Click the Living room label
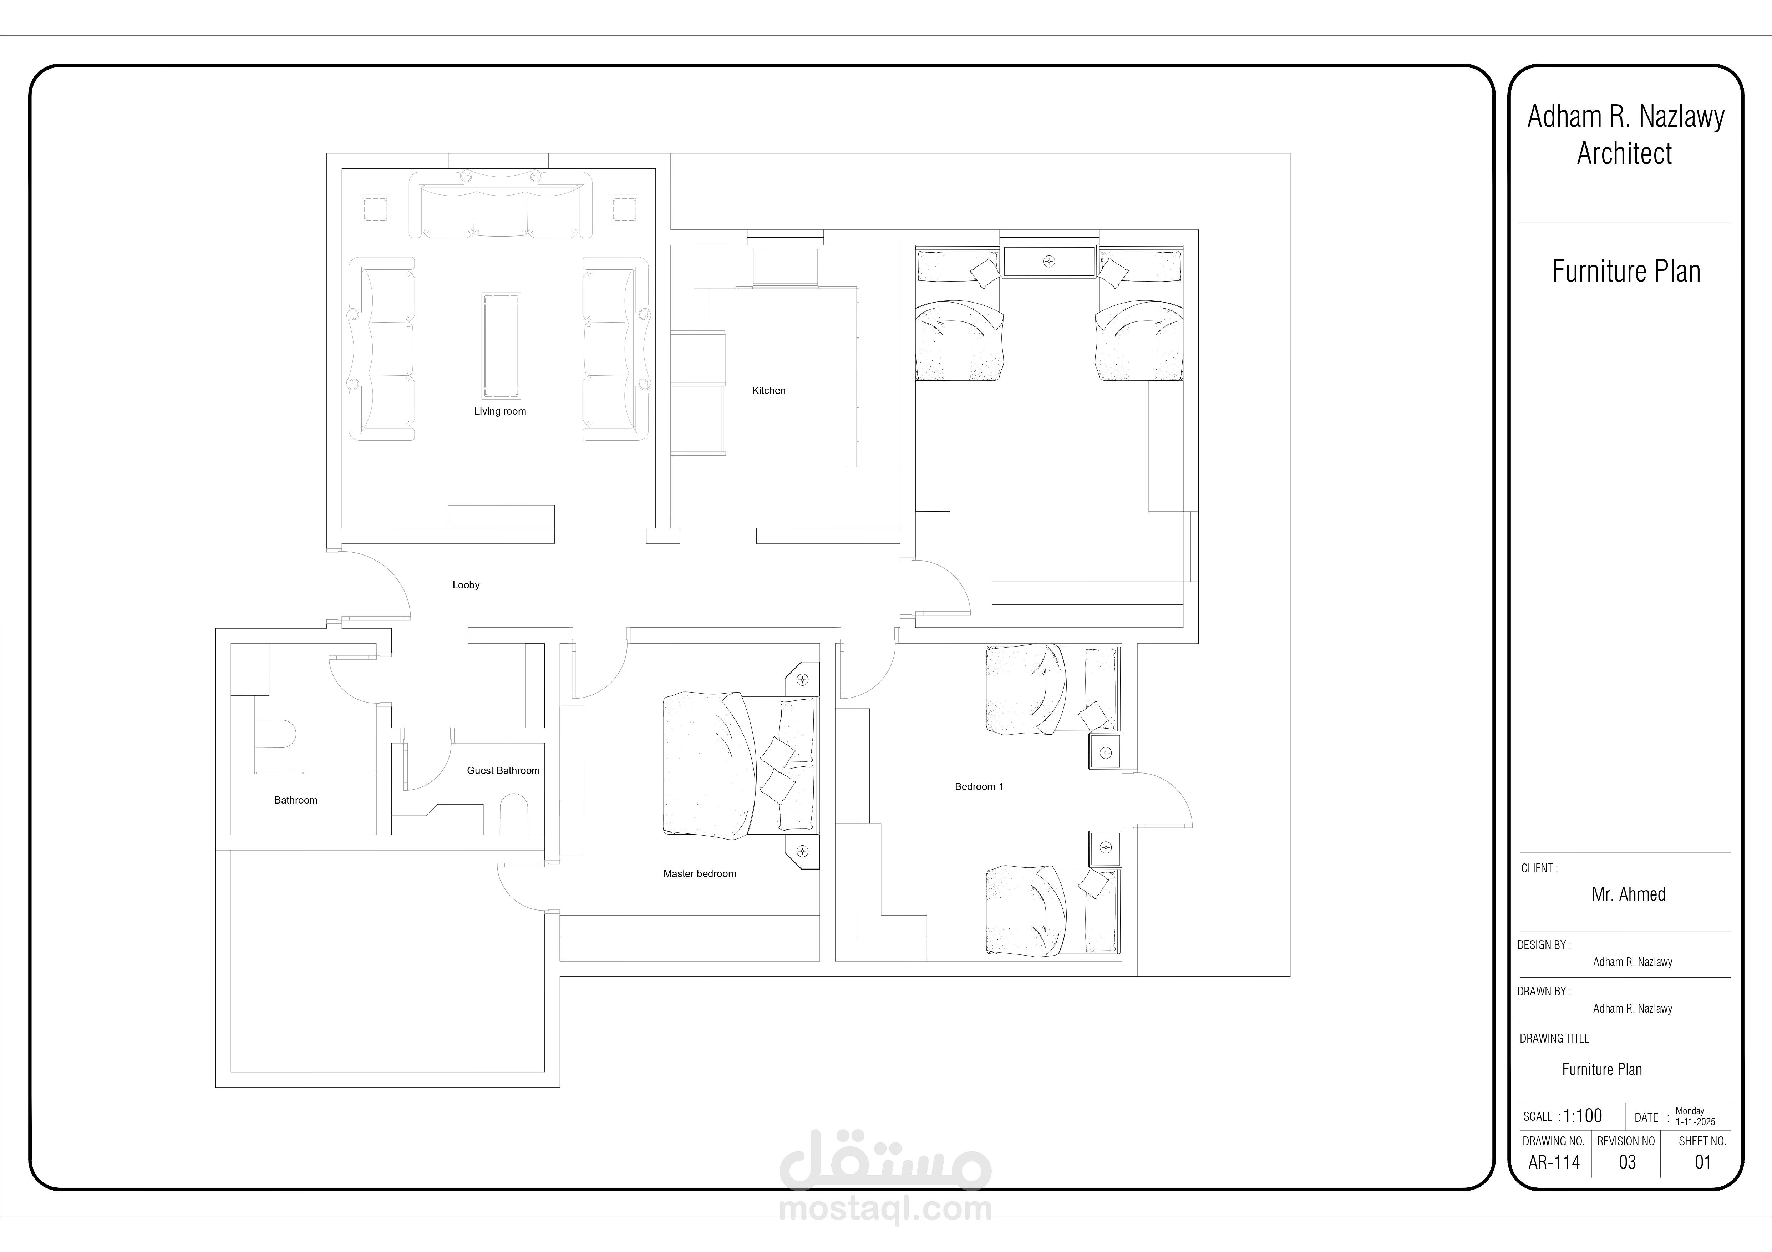pos(500,411)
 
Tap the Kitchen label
pos(769,391)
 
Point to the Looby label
pos(466,585)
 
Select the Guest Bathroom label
pos(503,770)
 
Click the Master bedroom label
pos(699,874)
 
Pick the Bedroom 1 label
pos(979,786)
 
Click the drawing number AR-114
pos(1554,1162)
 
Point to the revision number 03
pos(1627,1162)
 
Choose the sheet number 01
pos(1702,1162)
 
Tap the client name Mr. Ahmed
pos(1629,894)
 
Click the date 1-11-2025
pos(1695,1122)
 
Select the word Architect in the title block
pos(1625,154)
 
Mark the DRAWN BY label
pos(1544,991)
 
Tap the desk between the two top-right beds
pos(1050,261)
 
